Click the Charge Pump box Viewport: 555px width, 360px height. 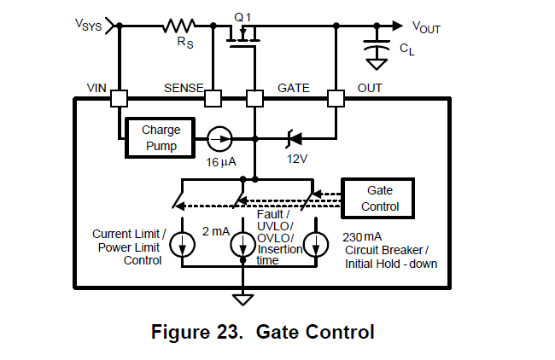point(160,138)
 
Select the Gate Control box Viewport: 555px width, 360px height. point(378,198)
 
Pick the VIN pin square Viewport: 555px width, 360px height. point(119,99)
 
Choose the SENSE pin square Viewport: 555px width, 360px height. point(213,99)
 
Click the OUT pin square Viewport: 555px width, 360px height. point(336,99)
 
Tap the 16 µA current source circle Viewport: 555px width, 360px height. point(217,137)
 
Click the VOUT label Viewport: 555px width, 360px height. point(426,28)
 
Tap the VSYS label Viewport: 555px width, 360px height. point(87,26)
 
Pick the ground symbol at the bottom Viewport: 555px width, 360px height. point(244,299)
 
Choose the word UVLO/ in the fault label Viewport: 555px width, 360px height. point(275,226)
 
